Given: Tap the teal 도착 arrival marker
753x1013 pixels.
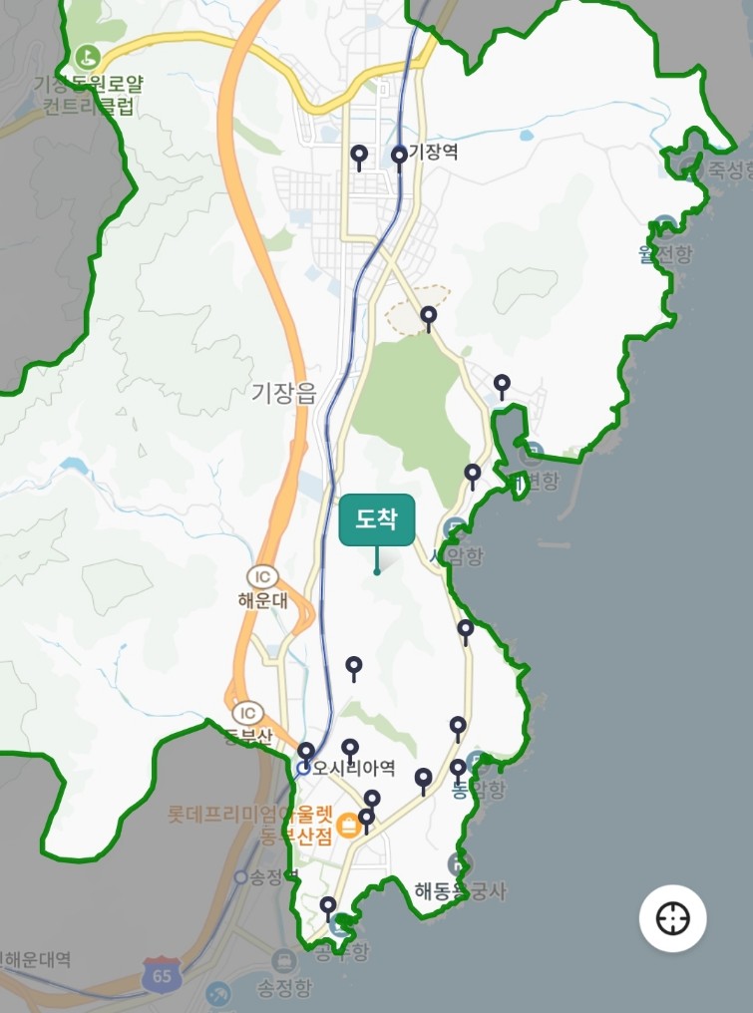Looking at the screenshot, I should tap(376, 520).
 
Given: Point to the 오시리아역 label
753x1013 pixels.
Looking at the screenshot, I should tap(354, 769).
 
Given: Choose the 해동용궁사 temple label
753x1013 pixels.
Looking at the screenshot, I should tap(460, 890).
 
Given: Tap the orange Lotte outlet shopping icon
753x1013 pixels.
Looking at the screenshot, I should tap(348, 825).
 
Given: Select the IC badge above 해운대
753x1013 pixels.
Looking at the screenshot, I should tap(261, 577).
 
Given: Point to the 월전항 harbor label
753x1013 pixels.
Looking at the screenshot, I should tap(664, 254).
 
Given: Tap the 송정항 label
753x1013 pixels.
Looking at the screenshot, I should tap(284, 989).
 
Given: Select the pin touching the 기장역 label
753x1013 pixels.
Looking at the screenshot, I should tap(399, 157).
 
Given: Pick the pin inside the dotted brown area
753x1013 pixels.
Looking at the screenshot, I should tap(428, 317).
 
